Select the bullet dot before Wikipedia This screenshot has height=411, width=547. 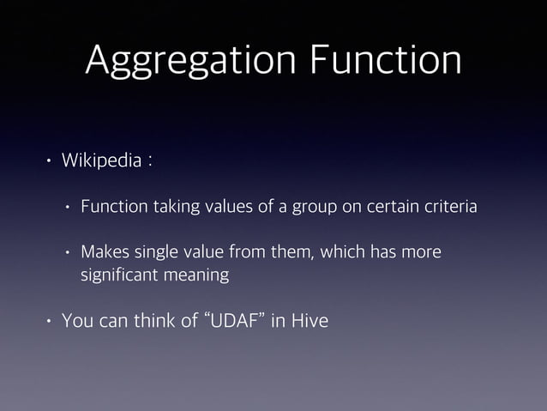(50, 161)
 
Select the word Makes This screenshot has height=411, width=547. (102, 252)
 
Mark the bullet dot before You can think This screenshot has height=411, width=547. (50, 323)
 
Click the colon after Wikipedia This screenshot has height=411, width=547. (149, 162)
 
